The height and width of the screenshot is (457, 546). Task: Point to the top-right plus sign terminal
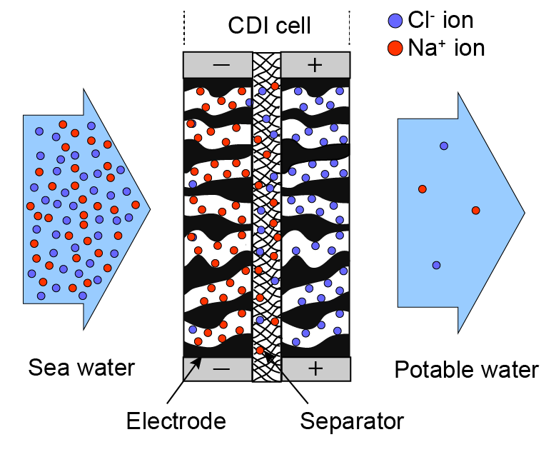(314, 65)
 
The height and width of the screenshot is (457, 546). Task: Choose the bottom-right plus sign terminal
(314, 368)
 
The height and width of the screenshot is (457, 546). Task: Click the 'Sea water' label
(81, 368)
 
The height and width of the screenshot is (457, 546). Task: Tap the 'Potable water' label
(466, 370)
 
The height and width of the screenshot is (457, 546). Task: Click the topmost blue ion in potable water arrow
(444, 146)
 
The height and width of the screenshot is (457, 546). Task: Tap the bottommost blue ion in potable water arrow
(436, 265)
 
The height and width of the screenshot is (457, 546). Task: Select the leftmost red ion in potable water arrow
(423, 189)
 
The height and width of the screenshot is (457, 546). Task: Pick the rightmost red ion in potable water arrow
(475, 210)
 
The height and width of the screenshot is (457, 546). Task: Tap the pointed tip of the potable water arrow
(525, 211)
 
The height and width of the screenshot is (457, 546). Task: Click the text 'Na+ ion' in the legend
(446, 49)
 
